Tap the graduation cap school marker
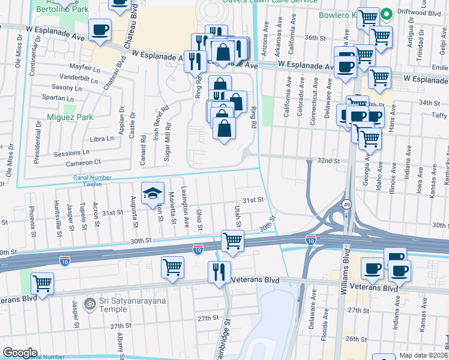tap(152, 193)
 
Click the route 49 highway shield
tap(347, 205)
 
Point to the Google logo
tap(20, 353)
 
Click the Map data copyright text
tap(423, 355)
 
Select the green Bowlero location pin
tap(387, 13)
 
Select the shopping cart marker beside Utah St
tap(232, 241)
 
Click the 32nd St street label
tap(328, 161)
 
